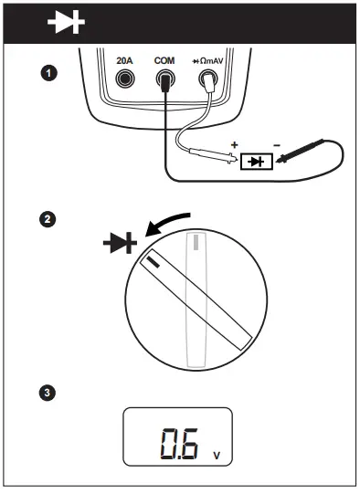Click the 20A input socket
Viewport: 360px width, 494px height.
click(x=125, y=80)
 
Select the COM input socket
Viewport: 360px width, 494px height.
click(x=164, y=81)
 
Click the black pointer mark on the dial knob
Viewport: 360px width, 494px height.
click(x=150, y=262)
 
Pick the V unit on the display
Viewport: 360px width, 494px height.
click(x=216, y=453)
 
